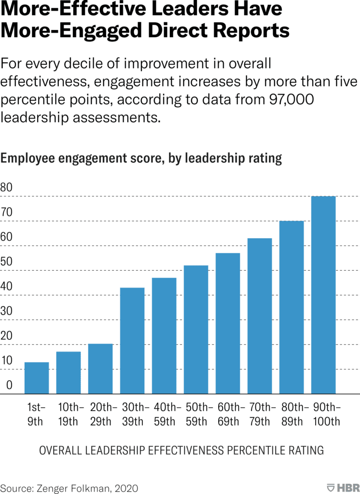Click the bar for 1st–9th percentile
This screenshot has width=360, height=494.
coord(37,378)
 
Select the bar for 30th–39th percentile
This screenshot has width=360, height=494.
coord(132,341)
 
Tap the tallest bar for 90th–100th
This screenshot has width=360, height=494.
coord(323,295)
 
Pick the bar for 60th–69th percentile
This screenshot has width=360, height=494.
coord(228,323)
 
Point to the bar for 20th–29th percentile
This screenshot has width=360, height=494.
coord(100,369)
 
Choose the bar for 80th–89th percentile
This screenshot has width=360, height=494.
coord(291,307)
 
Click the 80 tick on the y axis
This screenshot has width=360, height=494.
coord(7,187)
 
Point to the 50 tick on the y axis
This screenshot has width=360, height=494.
coord(7,261)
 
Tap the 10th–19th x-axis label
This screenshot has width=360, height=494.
coord(69,413)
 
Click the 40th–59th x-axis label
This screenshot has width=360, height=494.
coord(164,413)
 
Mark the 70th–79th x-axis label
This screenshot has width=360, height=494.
coord(260,413)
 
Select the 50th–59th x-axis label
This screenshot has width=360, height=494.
coord(196,413)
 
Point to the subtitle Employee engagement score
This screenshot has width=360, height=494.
coord(141,158)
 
